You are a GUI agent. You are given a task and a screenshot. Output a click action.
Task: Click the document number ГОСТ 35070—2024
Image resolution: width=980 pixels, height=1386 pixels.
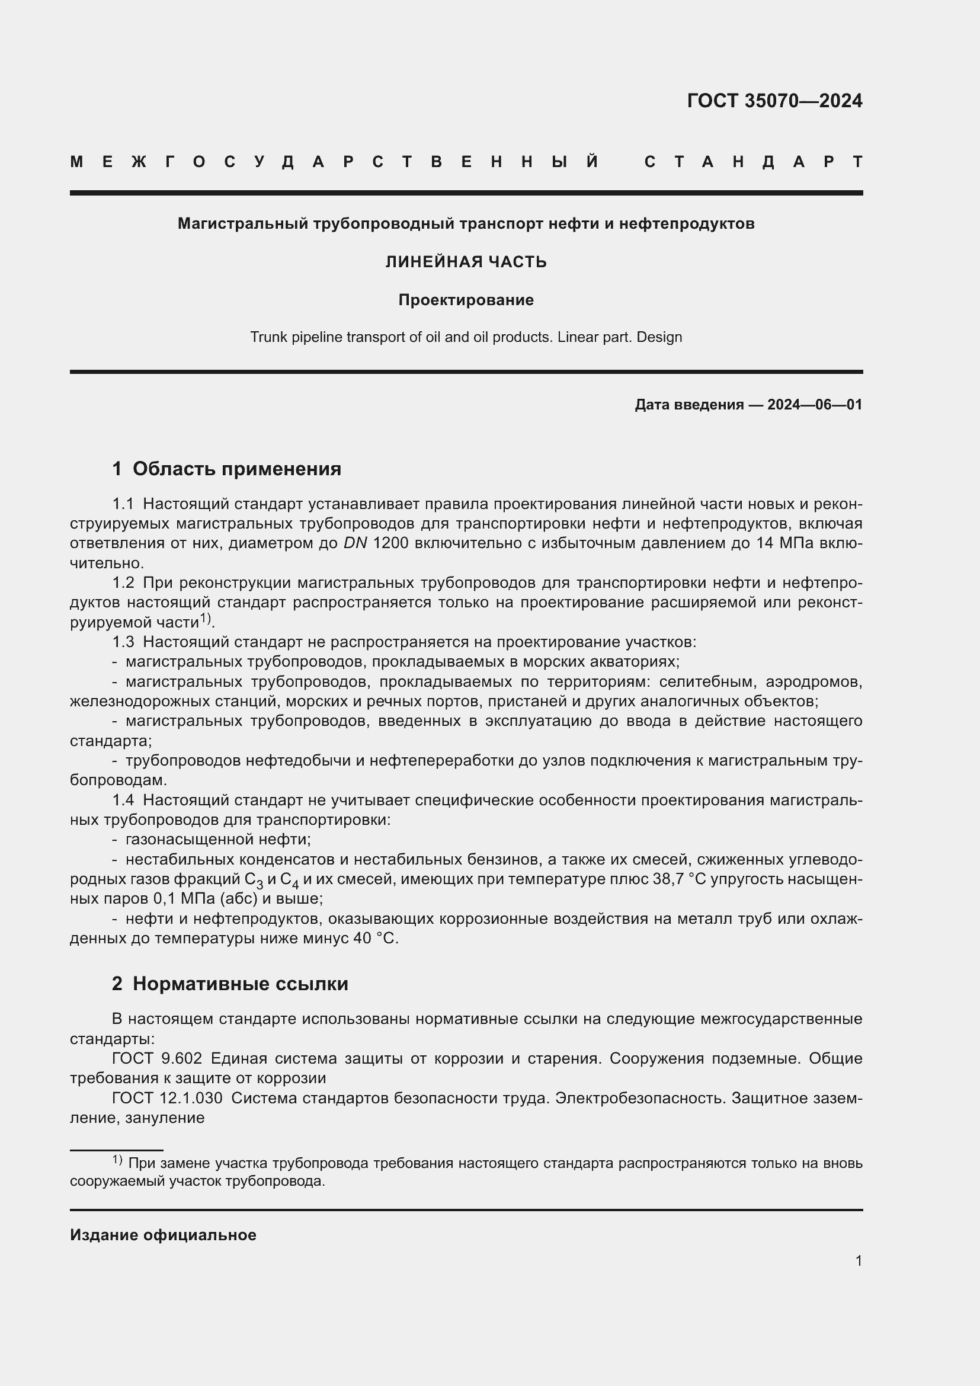point(774,101)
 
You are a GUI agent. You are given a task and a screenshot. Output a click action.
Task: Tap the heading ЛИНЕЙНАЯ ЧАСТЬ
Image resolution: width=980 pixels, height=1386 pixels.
point(466,262)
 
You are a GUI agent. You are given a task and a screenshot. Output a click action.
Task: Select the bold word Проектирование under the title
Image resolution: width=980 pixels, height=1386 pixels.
point(466,300)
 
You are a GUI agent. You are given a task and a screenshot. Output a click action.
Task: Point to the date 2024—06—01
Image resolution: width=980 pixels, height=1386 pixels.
point(814,405)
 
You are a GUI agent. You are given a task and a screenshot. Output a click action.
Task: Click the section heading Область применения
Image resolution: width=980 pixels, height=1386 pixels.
point(236,469)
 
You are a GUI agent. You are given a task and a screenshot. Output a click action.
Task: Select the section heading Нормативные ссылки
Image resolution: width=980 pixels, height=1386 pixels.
point(240,984)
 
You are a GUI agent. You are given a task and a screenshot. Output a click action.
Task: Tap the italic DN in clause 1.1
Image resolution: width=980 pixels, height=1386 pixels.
point(355,543)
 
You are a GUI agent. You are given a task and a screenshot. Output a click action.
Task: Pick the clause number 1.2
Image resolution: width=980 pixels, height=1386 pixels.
point(123,583)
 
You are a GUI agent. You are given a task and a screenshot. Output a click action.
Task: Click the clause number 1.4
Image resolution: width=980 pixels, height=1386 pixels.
point(123,801)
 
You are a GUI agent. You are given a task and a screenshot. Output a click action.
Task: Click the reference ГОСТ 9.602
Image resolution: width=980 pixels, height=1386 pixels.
point(156,1059)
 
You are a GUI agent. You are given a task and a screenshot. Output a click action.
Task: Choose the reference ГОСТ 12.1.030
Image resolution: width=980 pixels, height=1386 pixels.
point(166,1098)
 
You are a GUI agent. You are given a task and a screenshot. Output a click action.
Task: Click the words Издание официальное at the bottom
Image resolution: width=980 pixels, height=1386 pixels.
point(163,1235)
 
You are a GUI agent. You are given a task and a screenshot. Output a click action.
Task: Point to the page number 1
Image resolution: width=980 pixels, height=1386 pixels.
point(858,1260)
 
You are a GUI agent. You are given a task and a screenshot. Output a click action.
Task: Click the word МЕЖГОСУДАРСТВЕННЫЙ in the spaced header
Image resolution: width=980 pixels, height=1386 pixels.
point(334,162)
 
